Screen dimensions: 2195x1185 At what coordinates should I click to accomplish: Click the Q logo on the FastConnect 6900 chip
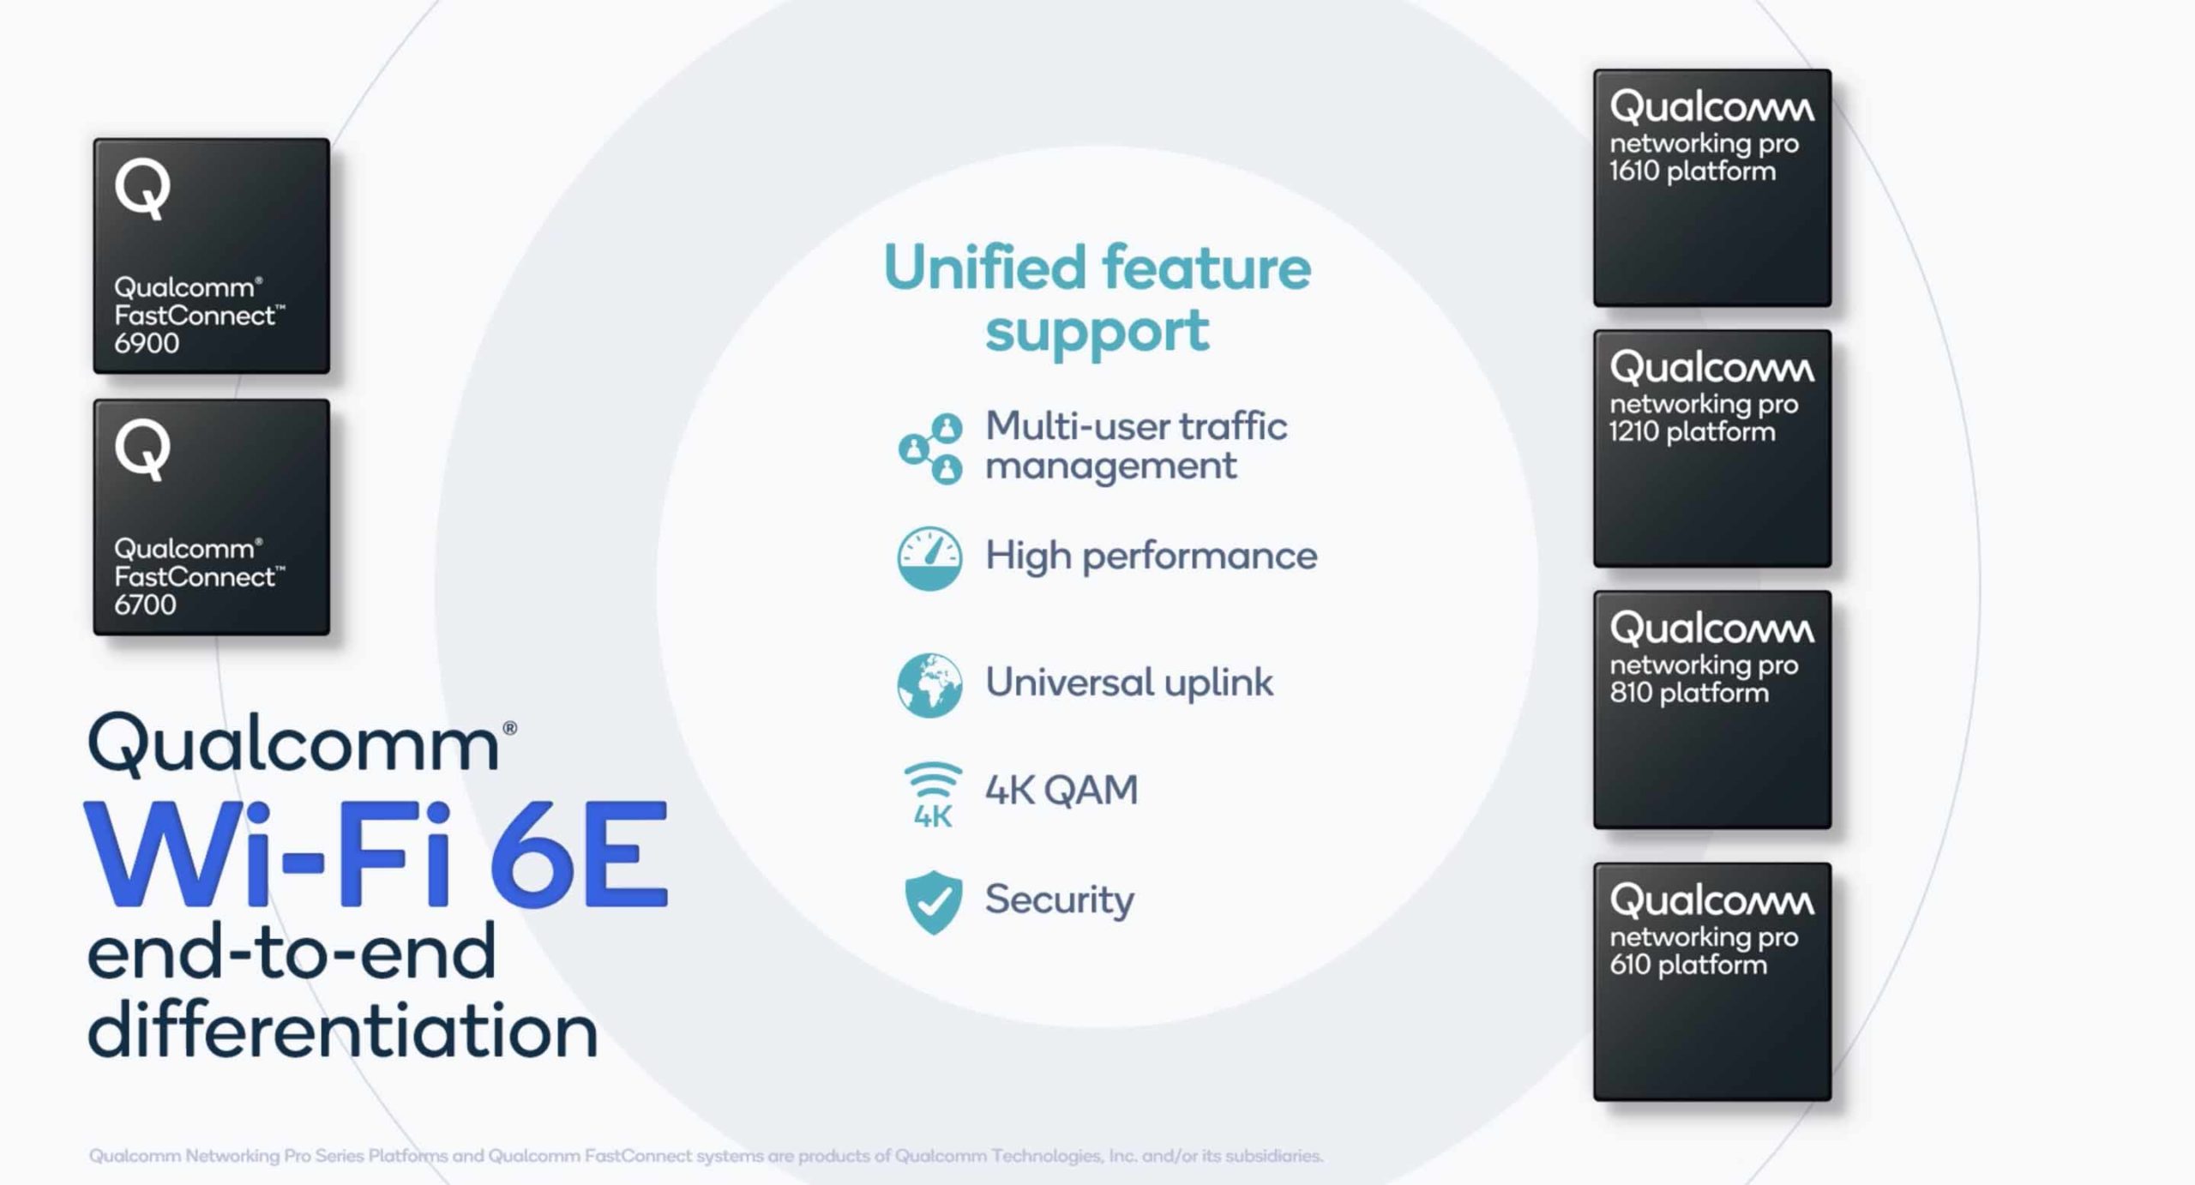pos(142,189)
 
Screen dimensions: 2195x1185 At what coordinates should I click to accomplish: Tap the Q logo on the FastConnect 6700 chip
pos(142,449)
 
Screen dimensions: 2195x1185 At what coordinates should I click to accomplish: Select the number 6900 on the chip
pos(147,344)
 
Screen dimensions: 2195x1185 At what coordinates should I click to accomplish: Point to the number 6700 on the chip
pos(145,605)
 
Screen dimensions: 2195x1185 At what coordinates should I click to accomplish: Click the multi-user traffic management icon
pos(930,448)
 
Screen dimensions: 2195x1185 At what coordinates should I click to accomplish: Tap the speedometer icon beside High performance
pos(930,558)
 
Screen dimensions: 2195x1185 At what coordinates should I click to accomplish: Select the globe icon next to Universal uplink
pos(930,685)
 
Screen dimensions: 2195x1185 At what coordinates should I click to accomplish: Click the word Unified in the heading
pos(984,268)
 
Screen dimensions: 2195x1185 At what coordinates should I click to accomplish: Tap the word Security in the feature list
pos(1059,899)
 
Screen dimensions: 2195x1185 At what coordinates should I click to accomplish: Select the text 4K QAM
pos(1061,790)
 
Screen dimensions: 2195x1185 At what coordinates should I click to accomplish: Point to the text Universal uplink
pos(1129,683)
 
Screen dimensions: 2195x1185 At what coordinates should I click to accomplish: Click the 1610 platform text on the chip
pos(1692,171)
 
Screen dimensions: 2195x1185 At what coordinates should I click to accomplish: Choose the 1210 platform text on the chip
pos(1692,432)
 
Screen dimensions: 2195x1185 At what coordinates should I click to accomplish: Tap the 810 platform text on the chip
pos(1689,693)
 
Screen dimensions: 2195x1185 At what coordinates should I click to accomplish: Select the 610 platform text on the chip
pos(1688,965)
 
